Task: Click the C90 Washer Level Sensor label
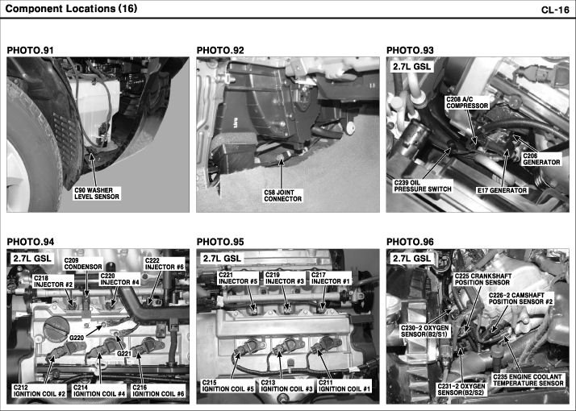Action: point(97,193)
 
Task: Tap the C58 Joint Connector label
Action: point(283,196)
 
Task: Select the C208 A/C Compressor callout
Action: point(467,103)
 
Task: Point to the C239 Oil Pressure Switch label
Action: point(423,186)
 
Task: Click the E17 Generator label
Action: point(502,190)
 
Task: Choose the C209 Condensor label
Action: point(83,264)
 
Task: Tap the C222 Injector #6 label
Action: point(165,264)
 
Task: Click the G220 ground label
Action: point(77,338)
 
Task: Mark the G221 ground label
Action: point(124,354)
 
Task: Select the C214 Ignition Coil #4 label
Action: point(99,391)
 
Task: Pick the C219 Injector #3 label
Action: point(285,278)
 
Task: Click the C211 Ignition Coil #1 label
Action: point(344,386)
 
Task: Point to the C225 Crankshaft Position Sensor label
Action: point(483,280)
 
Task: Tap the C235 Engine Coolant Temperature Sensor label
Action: point(528,380)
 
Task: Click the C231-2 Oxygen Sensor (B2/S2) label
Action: point(461,390)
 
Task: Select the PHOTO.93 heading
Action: point(410,50)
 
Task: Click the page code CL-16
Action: point(555,10)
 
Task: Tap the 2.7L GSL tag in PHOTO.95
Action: point(222,259)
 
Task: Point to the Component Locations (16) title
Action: point(71,9)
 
